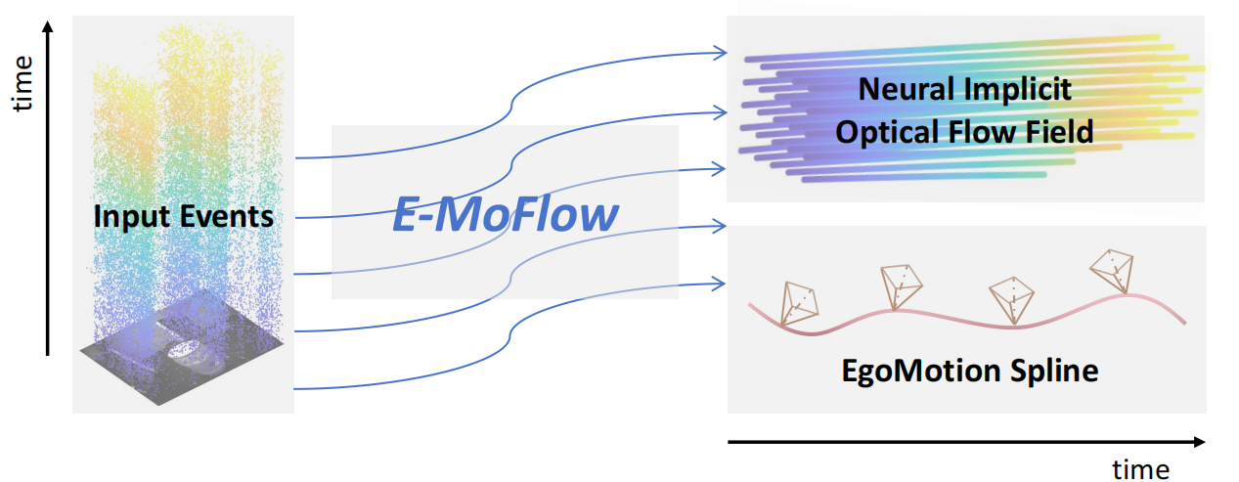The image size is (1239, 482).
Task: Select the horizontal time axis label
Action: [1140, 469]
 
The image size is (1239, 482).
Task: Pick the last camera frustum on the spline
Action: [1114, 270]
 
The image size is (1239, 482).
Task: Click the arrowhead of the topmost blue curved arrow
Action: [722, 52]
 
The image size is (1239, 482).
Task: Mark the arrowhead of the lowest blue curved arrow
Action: [722, 285]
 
